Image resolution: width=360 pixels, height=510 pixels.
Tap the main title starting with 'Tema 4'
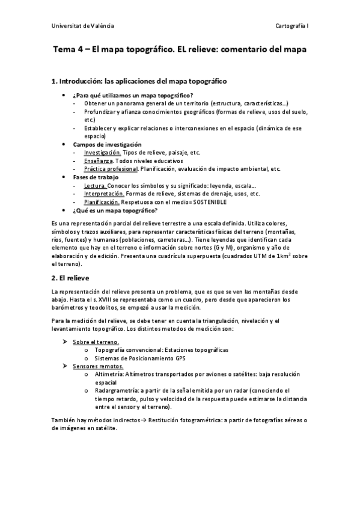179,51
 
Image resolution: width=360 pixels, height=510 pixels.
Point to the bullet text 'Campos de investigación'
107,144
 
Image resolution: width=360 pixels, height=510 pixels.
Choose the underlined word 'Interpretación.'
104,194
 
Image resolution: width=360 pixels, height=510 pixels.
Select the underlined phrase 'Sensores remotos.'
97,366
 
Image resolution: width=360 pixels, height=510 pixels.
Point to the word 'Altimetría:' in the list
110,374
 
